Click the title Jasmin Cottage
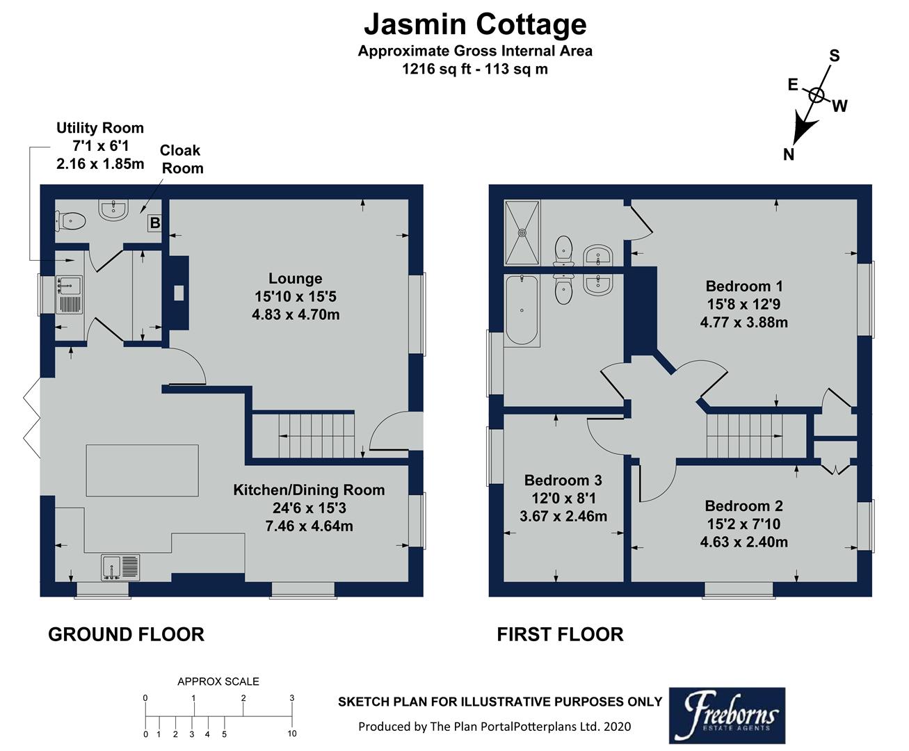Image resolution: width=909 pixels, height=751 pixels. (x=475, y=24)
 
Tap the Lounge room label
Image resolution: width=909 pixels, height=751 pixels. (x=295, y=279)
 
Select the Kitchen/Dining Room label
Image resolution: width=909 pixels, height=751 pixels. (x=309, y=490)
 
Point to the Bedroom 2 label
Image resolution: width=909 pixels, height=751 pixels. (x=743, y=506)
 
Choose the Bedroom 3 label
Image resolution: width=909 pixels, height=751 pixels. (x=563, y=481)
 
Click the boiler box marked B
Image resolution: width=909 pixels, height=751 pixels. (x=155, y=223)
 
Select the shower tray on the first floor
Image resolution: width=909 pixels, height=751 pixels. (x=522, y=232)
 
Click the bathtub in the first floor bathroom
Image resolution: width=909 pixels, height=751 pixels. (x=522, y=310)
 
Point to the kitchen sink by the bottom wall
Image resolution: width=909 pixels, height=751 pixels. (x=120, y=567)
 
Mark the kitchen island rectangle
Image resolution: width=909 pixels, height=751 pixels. (x=142, y=471)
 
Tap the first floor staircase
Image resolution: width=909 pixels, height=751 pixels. (x=755, y=436)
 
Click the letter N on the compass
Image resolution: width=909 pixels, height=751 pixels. (x=788, y=154)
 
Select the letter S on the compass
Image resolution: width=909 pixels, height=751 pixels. (x=835, y=56)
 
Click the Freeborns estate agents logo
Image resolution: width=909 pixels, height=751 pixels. (x=727, y=716)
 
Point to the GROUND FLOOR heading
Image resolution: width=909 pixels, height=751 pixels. (x=126, y=634)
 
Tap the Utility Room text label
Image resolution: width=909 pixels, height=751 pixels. (x=100, y=128)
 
